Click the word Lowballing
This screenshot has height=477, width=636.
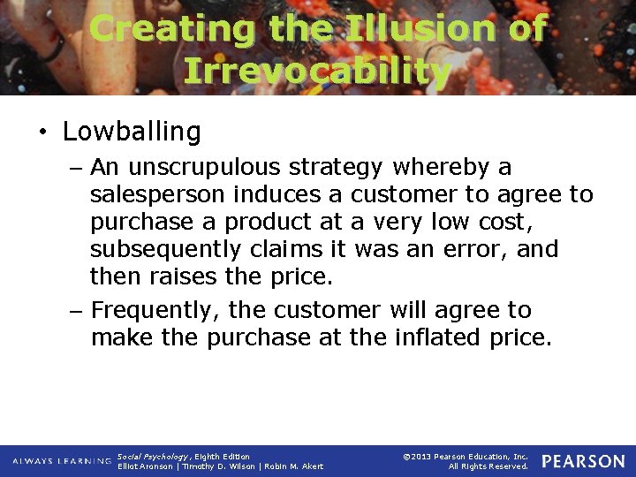pyautogui.click(x=132, y=132)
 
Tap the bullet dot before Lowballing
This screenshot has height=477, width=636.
pyautogui.click(x=42, y=133)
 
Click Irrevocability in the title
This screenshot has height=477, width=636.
pyautogui.click(x=318, y=71)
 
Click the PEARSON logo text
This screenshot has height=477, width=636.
pyautogui.click(x=582, y=461)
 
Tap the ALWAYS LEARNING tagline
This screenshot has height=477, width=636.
pyautogui.click(x=61, y=462)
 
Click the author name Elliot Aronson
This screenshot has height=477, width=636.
pyautogui.click(x=145, y=466)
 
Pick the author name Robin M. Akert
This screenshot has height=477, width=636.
pyautogui.click(x=294, y=466)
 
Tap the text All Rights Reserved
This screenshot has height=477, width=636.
pyautogui.click(x=488, y=466)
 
